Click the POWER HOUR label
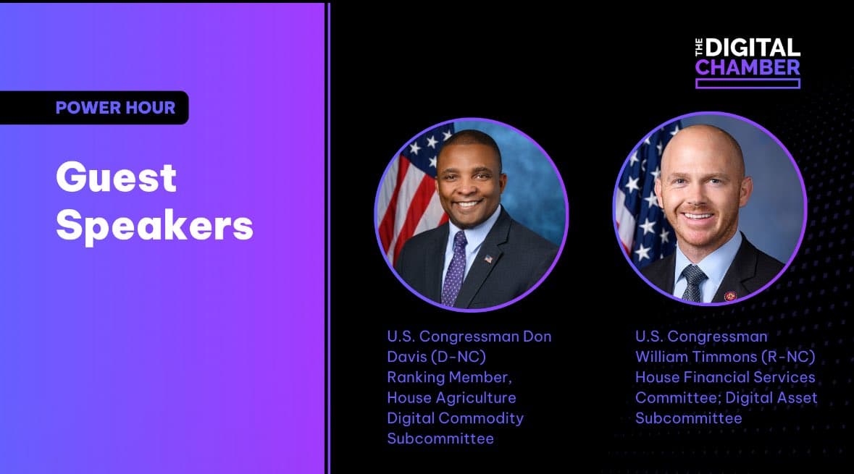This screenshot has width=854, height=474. [x=115, y=108]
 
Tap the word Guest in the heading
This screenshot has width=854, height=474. [x=117, y=177]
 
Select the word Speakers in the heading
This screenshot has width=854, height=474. [x=155, y=226]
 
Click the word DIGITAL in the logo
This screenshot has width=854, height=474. [x=753, y=48]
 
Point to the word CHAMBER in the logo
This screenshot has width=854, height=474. [x=748, y=67]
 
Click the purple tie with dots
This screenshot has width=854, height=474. [x=453, y=268]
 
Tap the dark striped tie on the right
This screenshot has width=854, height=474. [x=692, y=283]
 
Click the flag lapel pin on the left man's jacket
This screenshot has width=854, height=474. [x=488, y=259]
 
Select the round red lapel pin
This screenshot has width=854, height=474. [x=730, y=296]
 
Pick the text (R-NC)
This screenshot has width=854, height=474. [x=789, y=357]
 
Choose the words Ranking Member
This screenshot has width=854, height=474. [x=449, y=378]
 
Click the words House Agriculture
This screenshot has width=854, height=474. [x=451, y=398]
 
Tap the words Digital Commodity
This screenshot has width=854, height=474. [x=456, y=418]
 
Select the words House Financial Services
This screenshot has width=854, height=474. [x=725, y=377]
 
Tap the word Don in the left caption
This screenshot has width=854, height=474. [x=537, y=337]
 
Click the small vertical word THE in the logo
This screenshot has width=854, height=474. [x=699, y=47]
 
